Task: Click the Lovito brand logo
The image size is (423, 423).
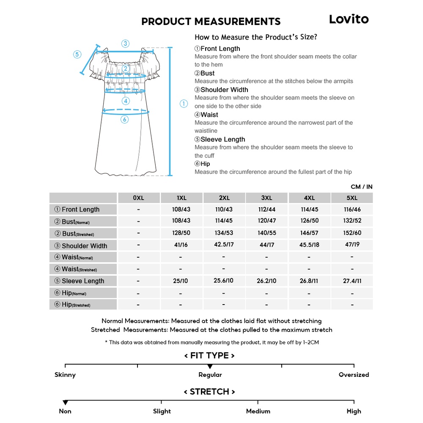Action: (x=349, y=19)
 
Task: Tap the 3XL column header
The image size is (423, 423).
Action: (x=266, y=198)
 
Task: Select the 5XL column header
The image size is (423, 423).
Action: (x=352, y=198)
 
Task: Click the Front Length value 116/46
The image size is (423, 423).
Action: (x=352, y=209)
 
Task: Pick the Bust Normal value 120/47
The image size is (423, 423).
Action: (x=266, y=221)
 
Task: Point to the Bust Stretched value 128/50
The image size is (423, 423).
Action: (x=181, y=233)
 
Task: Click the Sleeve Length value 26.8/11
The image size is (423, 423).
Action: (x=309, y=281)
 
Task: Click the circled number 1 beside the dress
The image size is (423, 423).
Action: (x=183, y=104)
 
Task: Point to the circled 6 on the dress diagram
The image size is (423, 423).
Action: (x=124, y=119)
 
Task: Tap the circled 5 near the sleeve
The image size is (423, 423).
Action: (x=77, y=54)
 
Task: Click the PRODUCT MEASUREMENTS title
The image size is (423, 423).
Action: (x=211, y=22)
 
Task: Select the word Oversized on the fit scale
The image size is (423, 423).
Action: (x=354, y=375)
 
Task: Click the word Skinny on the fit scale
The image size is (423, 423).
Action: (x=65, y=375)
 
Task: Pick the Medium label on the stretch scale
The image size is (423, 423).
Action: (x=258, y=411)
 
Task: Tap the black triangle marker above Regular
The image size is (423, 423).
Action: (x=210, y=366)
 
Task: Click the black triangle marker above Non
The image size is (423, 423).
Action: (x=65, y=402)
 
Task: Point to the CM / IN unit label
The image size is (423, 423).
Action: (x=361, y=187)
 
